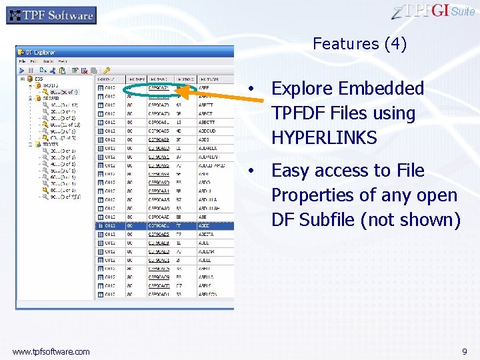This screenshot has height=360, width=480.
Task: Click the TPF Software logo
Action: (51, 15)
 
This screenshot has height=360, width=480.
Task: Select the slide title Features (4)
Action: (359, 44)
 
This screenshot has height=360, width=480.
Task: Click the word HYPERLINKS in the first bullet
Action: (324, 138)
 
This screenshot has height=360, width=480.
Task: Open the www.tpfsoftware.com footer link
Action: (51, 351)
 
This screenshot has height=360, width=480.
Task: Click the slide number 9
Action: (464, 351)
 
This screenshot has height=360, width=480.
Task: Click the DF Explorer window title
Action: (41, 52)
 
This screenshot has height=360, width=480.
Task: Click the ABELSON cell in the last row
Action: (208, 294)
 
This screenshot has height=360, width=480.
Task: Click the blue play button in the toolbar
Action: (22, 69)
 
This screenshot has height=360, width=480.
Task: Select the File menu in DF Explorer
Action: (22, 61)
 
